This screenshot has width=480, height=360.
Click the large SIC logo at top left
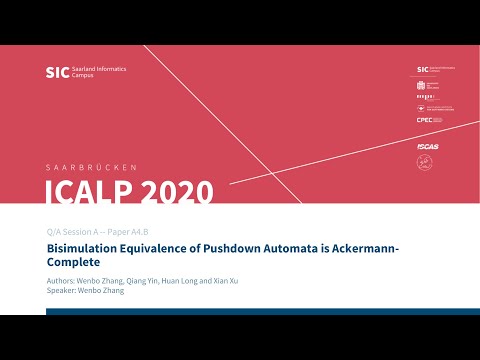56,72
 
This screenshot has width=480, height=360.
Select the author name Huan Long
177,280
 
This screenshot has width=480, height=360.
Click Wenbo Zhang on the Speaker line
103,291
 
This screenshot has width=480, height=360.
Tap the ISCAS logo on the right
427,146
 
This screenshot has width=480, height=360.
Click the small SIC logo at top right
423,70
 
